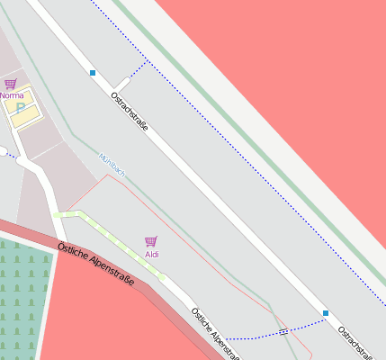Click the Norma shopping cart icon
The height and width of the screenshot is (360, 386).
click(x=10, y=84)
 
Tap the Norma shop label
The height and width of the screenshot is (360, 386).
click(x=12, y=94)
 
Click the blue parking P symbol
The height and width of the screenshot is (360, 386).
click(x=20, y=107)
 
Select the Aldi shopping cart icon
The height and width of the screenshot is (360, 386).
click(x=150, y=241)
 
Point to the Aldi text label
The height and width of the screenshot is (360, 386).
click(x=152, y=255)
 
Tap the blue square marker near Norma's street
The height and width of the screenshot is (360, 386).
click(x=93, y=72)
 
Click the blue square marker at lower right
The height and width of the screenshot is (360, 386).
click(x=326, y=313)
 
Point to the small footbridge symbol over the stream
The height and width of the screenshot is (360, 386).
click(x=284, y=332)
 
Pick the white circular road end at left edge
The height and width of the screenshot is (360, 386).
click(x=3, y=150)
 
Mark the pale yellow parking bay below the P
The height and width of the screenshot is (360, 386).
click(x=25, y=114)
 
